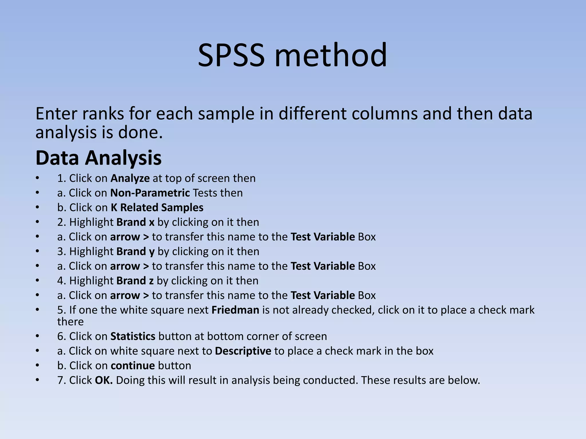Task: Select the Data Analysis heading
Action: point(98,158)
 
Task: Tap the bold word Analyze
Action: point(130,178)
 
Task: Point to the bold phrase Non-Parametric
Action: point(150,193)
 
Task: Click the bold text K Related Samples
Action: point(157,207)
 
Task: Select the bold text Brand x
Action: point(135,222)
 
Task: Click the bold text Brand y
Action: point(135,252)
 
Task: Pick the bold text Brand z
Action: point(135,281)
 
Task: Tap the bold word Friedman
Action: point(235,310)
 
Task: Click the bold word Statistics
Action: point(133,336)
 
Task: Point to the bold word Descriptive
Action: point(243,351)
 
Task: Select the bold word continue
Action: point(133,366)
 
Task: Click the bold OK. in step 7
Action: point(104,380)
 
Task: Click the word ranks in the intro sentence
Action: point(103,114)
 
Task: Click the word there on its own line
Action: point(70,322)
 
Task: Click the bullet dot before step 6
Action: point(37,336)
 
